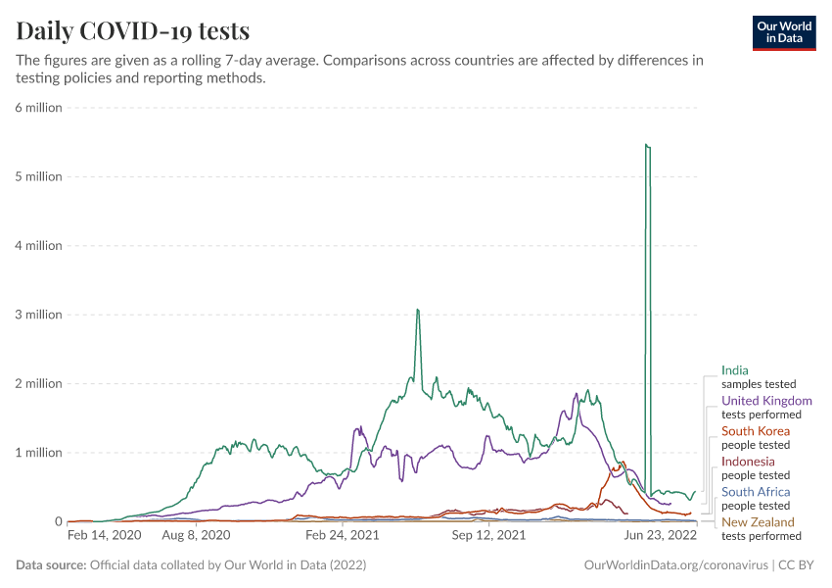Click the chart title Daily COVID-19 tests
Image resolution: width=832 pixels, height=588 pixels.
[133, 30]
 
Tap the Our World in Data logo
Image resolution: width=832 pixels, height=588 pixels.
[783, 32]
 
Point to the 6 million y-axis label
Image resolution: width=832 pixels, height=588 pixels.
[38, 108]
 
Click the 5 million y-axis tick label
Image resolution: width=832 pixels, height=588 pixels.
[38, 176]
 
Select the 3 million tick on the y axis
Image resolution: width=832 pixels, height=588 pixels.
[38, 315]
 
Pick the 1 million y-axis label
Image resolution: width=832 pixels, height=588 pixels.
[38, 453]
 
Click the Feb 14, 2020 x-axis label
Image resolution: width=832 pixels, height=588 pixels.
[104, 536]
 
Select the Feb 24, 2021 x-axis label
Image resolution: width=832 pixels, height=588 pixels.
[342, 536]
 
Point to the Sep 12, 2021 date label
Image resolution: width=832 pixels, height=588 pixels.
[489, 536]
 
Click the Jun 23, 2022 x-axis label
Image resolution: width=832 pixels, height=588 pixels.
[660, 536]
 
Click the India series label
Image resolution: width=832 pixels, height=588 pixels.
[735, 370]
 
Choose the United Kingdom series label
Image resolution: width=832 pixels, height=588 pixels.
[766, 401]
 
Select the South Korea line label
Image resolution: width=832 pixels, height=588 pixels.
[755, 431]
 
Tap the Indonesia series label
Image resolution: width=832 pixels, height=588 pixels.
[748, 462]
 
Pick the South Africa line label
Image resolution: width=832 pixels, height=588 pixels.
[756, 492]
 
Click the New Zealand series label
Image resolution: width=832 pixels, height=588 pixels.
[758, 522]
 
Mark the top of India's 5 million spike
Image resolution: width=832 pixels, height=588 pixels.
[647, 145]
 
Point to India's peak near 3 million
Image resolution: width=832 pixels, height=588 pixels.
[418, 310]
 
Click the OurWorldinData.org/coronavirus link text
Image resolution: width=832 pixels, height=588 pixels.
[674, 565]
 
